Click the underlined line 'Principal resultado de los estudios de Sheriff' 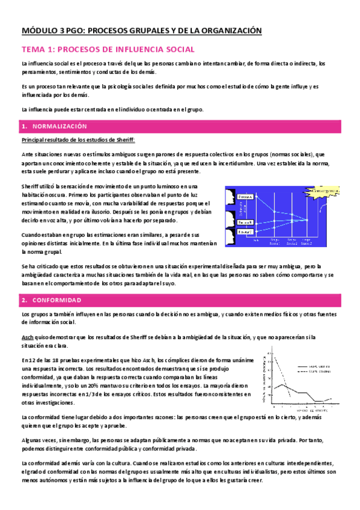(78, 140)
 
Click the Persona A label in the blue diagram (245, 197)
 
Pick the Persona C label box (245, 232)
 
